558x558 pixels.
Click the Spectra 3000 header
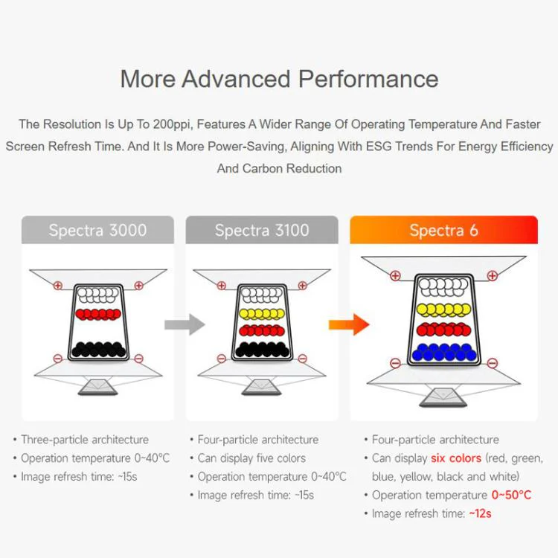97,230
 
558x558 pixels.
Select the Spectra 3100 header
262,230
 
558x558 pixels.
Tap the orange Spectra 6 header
443,230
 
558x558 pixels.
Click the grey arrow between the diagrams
185,324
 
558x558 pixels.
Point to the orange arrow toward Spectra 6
349,324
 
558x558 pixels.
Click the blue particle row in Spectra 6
444,352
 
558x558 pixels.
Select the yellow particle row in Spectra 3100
263,313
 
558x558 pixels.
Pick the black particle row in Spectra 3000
98,350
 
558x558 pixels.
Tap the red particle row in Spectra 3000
98,314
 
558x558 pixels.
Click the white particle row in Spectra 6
443,287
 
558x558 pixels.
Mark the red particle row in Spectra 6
443,330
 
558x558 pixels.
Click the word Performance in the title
368,79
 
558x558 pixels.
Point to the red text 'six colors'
456,458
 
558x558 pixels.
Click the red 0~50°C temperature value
511,495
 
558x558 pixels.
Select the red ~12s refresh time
480,513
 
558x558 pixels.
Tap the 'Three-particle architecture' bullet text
85,440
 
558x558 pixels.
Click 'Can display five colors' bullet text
251,458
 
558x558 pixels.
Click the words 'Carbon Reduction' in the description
292,168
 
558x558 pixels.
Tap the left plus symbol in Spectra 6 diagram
395,275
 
